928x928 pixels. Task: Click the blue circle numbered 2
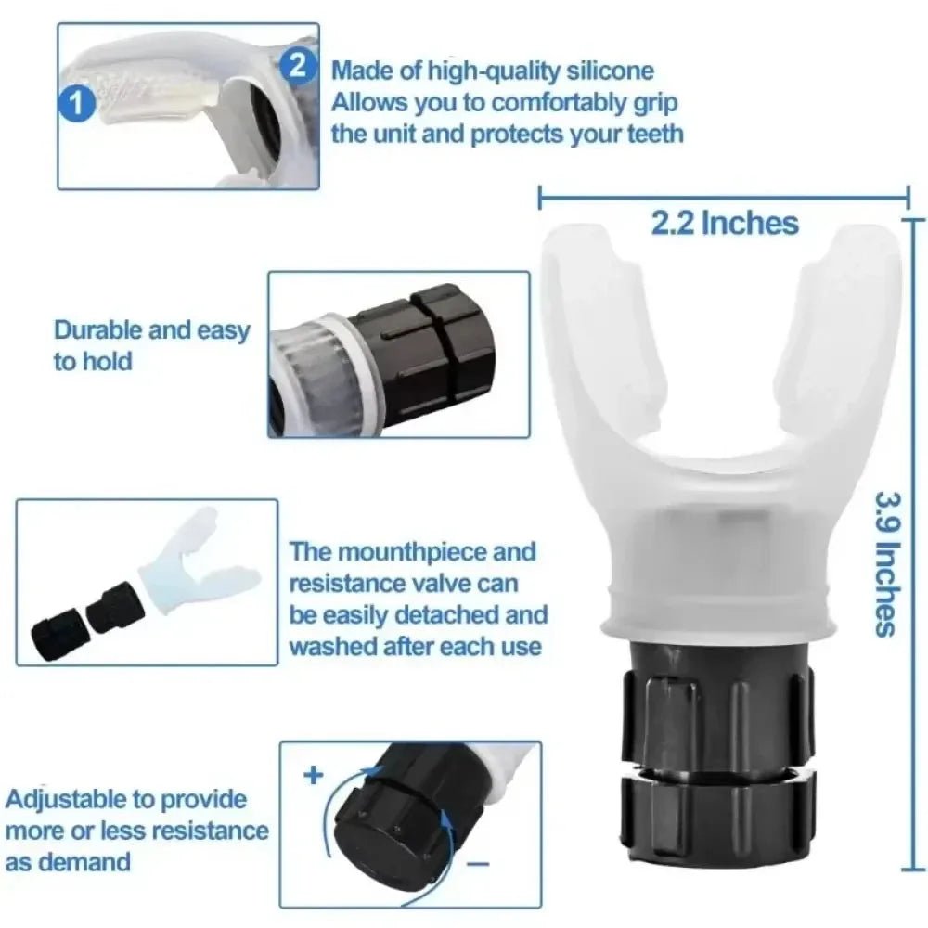pyautogui.click(x=296, y=64)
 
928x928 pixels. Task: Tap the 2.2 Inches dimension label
pyautogui.click(x=724, y=223)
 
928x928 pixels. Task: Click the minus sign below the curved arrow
pyautogui.click(x=478, y=864)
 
